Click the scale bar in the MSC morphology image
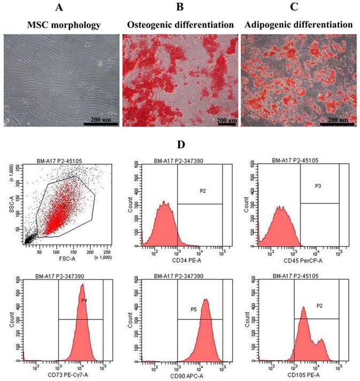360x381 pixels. point(101,123)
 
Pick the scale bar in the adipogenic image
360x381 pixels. point(337,124)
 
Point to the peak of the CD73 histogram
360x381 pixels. point(82,285)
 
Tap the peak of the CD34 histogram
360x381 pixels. point(165,202)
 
